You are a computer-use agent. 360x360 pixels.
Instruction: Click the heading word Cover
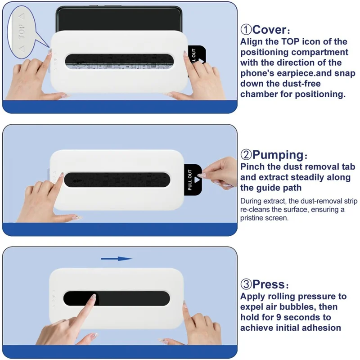pos(269,30)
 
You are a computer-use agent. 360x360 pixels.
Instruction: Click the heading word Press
pos(269,284)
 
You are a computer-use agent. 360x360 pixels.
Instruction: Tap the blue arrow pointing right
pos(116,259)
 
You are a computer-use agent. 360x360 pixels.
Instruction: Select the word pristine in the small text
pos(255,218)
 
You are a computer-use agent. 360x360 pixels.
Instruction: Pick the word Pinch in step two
pos(253,167)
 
